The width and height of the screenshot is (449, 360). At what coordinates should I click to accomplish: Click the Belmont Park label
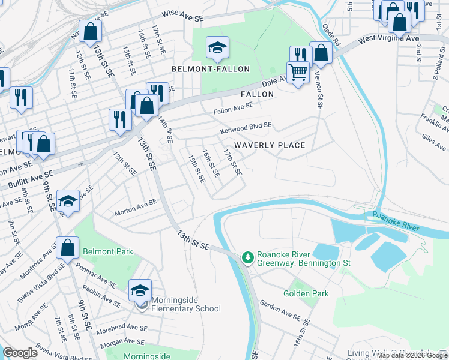108,251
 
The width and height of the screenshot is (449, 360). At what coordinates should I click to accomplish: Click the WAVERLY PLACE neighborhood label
270,145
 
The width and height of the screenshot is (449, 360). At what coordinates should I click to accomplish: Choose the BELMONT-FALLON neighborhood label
211,69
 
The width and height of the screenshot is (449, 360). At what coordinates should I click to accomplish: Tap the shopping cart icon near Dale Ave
298,73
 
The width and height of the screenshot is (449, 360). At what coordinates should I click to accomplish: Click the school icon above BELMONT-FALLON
217,47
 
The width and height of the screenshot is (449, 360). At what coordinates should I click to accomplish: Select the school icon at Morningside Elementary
140,291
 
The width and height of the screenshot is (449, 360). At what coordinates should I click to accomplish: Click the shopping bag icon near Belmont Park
68,247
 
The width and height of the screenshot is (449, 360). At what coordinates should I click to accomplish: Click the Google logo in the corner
20,353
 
